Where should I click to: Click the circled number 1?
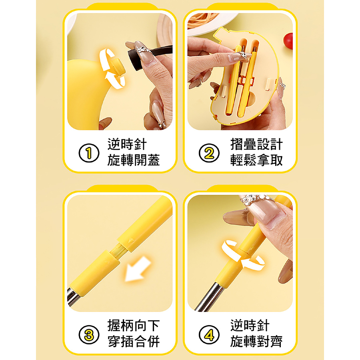coord(89,153)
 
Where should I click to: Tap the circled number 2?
coord(209,153)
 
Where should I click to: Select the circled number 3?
coord(89,334)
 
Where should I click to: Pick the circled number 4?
coord(209,334)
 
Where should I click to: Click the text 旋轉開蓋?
coord(134,160)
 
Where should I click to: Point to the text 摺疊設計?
coord(256,144)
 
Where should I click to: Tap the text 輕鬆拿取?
coord(256,160)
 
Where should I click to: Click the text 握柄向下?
coord(134,326)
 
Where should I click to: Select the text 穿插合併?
coord(134,342)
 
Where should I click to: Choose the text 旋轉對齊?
coord(256,342)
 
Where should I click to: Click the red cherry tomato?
coord(288,41)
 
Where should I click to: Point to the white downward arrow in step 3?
coord(137,269)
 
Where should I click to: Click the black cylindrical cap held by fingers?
coord(135,60)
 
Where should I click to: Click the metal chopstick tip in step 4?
coord(209,297)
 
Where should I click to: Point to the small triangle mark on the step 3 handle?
coord(131,241)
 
